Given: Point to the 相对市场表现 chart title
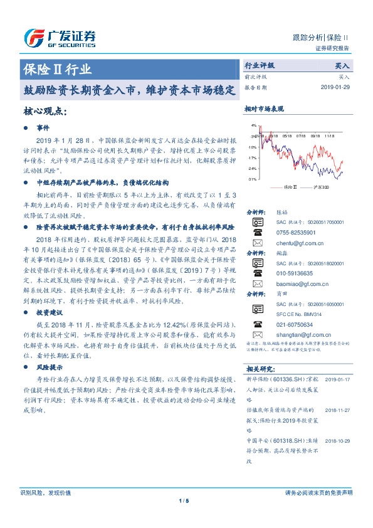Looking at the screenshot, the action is (x=265, y=108).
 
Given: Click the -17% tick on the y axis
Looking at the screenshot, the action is (x=252, y=158).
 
